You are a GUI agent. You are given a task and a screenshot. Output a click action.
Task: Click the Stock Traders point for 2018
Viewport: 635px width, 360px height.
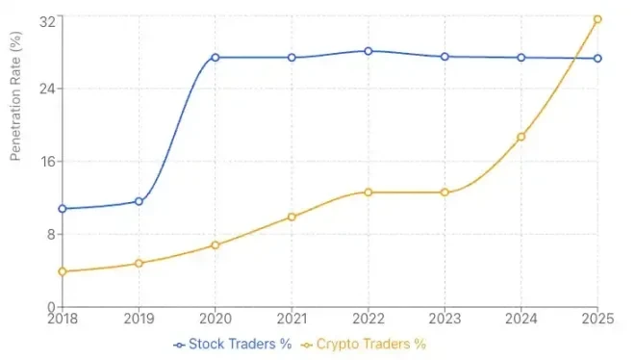point(63,209)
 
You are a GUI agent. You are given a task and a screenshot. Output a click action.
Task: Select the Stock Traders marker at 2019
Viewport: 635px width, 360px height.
point(139,201)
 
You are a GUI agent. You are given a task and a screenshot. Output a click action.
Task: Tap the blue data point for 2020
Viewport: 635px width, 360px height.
point(216,58)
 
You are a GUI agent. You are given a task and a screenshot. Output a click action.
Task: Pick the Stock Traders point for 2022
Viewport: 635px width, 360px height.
point(368,51)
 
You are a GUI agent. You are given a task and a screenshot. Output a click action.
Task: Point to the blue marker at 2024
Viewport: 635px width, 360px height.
point(521,58)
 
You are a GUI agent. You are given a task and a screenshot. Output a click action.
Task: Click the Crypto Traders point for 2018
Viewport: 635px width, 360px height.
point(63,271)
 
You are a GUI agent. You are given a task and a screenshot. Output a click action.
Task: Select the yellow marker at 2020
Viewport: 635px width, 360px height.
point(216,245)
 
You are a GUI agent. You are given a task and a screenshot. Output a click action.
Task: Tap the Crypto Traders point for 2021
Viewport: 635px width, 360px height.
point(292,218)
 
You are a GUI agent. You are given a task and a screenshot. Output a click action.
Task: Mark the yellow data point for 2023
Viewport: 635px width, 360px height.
point(444,193)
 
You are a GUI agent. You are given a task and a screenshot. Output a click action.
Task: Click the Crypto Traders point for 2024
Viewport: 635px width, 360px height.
point(521,137)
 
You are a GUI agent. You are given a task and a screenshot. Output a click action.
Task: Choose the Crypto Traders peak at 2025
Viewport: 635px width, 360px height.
point(597,19)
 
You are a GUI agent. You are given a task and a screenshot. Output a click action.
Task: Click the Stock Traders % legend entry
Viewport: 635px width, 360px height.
point(232,344)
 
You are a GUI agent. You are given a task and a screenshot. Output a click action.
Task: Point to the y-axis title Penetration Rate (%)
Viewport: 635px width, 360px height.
point(15,96)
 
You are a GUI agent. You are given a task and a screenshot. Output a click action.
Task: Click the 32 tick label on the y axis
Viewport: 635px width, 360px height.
point(44,18)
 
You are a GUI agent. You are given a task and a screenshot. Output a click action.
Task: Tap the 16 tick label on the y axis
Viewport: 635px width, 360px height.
point(44,162)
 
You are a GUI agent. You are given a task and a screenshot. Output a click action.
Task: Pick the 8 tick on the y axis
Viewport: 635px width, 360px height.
point(48,235)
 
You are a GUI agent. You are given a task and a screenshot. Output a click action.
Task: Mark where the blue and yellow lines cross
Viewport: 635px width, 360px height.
point(574,59)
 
